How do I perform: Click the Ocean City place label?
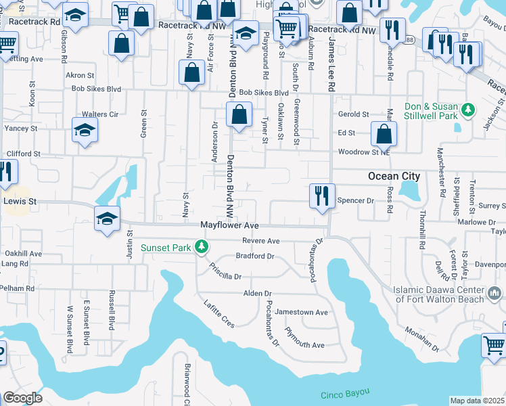(394, 176)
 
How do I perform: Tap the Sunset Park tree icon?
(201, 248)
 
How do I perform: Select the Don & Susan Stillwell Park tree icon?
(467, 109)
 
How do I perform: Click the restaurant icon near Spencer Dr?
(322, 195)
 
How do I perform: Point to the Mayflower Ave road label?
(230, 225)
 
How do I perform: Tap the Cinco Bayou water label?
(345, 393)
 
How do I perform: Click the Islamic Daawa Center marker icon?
(495, 294)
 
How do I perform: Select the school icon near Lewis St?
(107, 219)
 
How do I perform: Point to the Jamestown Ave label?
(306, 313)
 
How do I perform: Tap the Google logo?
(22, 398)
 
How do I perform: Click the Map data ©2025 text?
(477, 401)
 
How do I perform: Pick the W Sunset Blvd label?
(69, 330)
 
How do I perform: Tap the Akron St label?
(79, 75)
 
